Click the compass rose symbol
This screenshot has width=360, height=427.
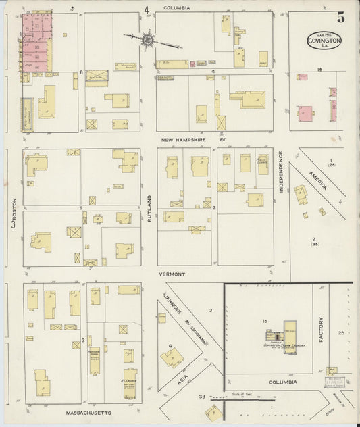(148, 41)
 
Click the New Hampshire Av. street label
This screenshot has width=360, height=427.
(197, 140)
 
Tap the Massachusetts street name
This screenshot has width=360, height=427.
(89, 411)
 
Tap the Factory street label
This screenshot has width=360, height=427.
(322, 329)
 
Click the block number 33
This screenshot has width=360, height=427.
(201, 396)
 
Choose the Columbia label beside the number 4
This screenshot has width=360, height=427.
(176, 8)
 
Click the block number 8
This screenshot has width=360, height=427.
(80, 72)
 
